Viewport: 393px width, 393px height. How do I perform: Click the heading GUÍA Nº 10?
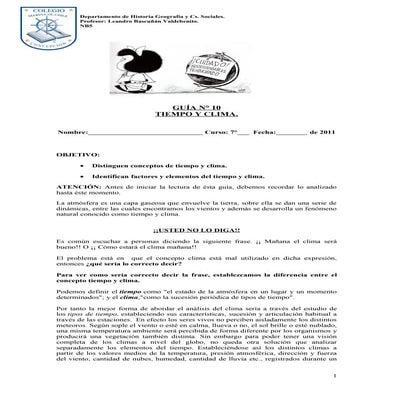tap(196, 104)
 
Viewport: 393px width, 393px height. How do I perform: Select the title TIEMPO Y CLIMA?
tap(196, 113)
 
